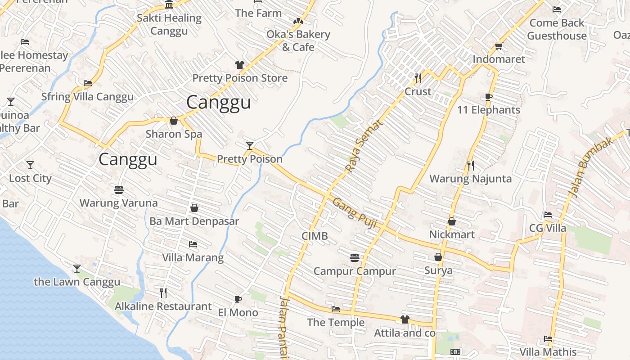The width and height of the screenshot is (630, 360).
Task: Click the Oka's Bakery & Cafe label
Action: point(298,40)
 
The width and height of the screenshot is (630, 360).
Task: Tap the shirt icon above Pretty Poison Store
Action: point(240,65)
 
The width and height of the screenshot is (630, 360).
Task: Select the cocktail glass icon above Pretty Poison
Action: point(250,145)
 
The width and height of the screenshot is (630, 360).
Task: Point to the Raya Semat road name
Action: point(363,146)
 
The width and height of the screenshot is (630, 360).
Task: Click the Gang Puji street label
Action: point(355,213)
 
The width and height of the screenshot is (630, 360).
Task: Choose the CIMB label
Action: point(315,236)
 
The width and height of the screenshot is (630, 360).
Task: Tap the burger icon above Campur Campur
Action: point(355,258)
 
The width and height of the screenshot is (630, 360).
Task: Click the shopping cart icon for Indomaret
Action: point(499,46)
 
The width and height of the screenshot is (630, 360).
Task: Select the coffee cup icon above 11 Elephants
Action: point(489,97)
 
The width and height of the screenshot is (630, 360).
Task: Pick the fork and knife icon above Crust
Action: point(418,78)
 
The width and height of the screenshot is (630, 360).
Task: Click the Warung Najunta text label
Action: point(470,179)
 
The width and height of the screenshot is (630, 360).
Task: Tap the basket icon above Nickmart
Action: point(452,221)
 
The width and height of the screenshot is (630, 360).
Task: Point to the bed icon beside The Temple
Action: point(336,309)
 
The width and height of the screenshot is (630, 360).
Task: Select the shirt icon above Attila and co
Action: point(405,319)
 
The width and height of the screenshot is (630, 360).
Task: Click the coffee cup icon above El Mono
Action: point(238,299)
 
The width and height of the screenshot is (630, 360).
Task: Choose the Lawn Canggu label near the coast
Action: point(77,282)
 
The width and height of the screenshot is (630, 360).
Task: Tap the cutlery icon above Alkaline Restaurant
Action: point(163,293)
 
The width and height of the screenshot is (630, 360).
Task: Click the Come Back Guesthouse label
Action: point(557,29)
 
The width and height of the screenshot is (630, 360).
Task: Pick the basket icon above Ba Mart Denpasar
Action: point(194,208)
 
